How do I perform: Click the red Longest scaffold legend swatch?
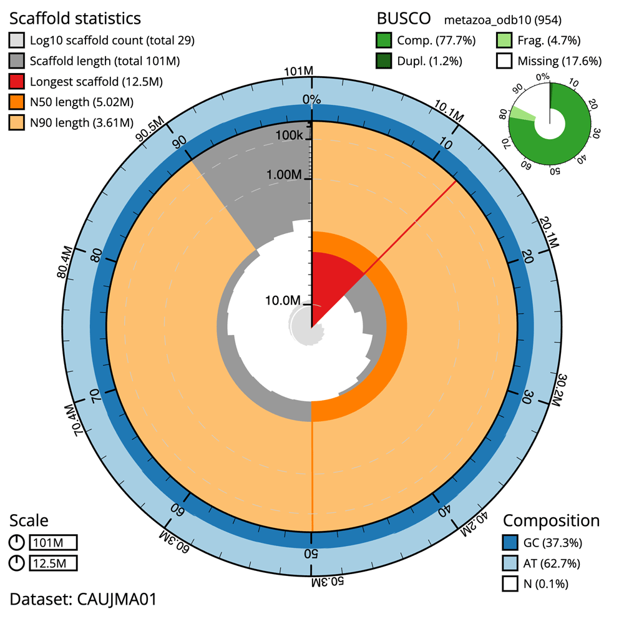click(18, 81)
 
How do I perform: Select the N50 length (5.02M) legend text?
click(81, 102)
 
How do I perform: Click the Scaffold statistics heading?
click(75, 19)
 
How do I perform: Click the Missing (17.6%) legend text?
click(559, 61)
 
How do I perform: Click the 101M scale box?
click(54, 543)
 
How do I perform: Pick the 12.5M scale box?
click(54, 563)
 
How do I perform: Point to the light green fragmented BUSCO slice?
click(523, 114)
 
